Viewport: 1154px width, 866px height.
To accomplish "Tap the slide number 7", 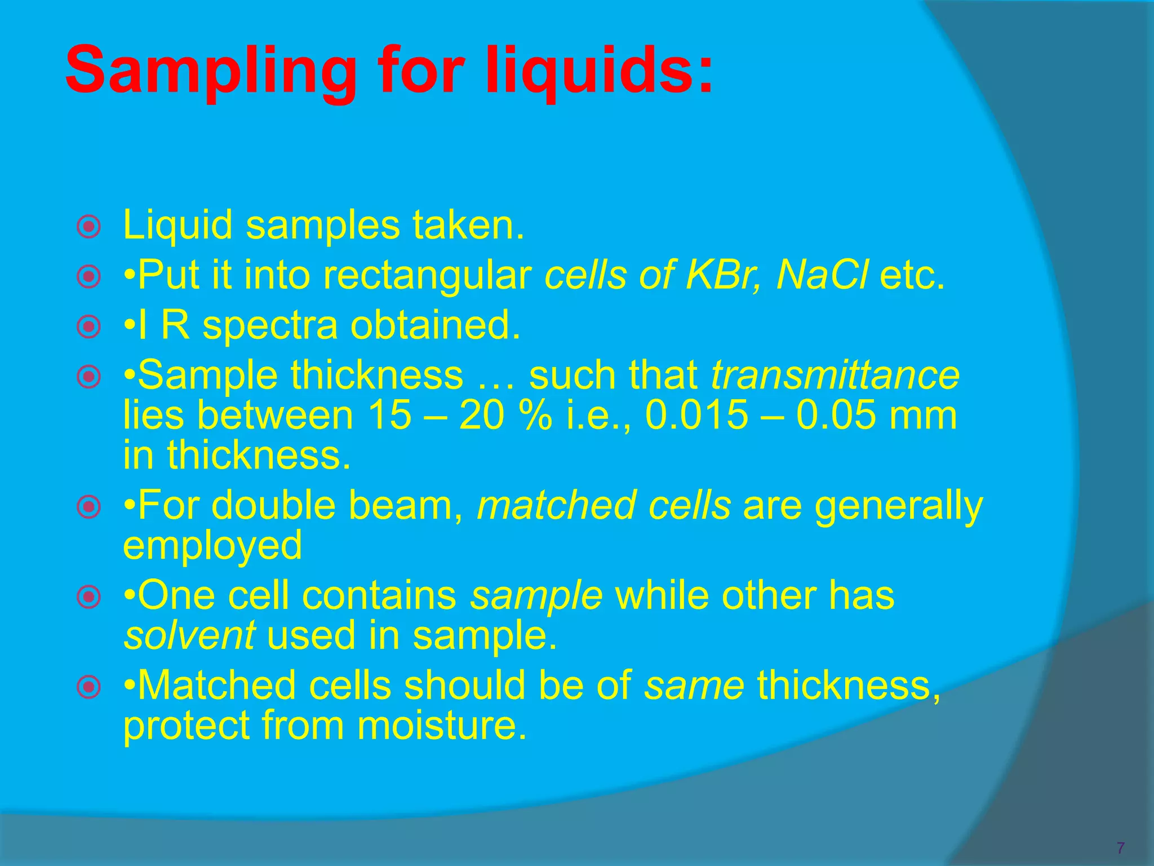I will [1120, 847].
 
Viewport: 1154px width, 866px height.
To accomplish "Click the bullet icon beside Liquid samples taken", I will [88, 227].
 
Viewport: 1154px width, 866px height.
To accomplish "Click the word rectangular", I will [428, 276].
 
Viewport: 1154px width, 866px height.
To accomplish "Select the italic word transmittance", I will [835, 375].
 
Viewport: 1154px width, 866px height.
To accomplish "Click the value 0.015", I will [696, 416].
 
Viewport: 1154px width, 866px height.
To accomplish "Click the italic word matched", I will [556, 505].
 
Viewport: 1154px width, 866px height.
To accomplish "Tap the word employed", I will [212, 546].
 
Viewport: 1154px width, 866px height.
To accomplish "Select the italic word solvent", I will [189, 635].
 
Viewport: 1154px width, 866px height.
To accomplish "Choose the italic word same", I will [694, 686].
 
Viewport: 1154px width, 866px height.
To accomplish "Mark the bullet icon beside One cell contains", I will [88, 597].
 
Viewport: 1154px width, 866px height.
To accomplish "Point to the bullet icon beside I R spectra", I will [88, 326].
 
